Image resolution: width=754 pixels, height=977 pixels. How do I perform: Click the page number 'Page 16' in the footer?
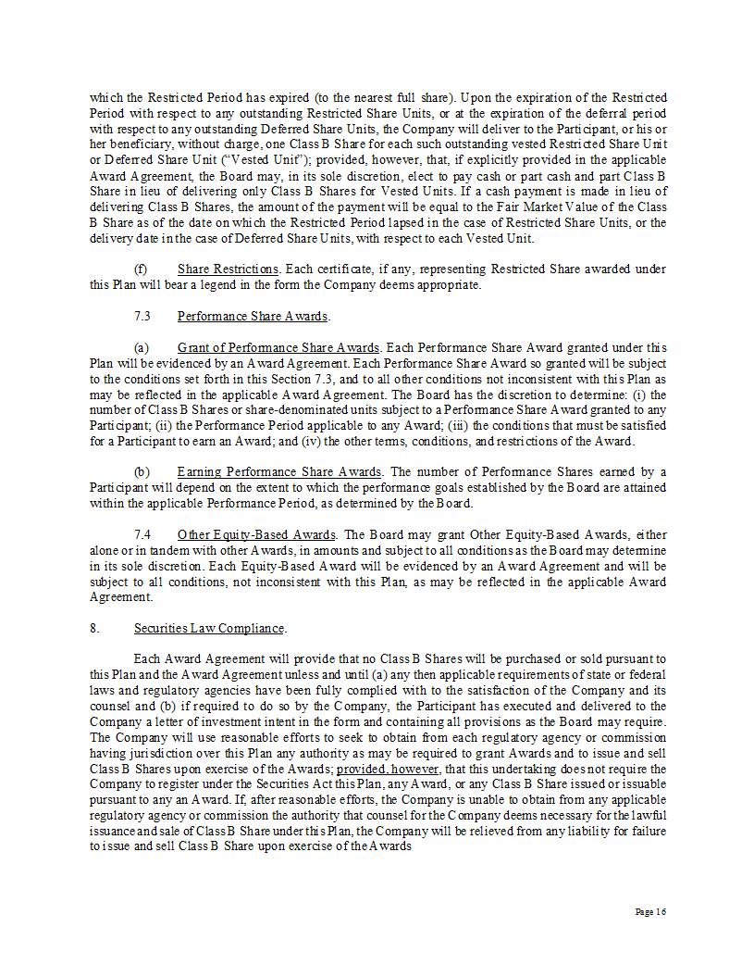(650, 912)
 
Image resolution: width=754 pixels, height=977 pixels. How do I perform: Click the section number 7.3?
(142, 316)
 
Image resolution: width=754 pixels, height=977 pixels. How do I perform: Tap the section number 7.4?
(142, 534)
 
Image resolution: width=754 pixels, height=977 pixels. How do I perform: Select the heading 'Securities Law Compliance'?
(209, 628)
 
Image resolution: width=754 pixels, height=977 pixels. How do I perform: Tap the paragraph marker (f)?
(141, 269)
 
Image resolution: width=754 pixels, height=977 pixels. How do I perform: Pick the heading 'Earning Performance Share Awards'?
(278, 471)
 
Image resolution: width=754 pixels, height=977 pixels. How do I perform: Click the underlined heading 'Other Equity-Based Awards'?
(256, 534)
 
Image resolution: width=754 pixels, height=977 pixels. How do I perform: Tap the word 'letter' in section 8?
(165, 721)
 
